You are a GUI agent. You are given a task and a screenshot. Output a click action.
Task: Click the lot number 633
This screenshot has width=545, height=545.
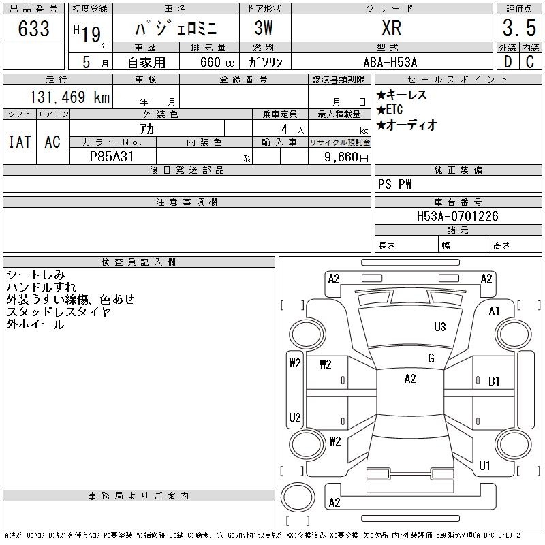[x=33, y=28]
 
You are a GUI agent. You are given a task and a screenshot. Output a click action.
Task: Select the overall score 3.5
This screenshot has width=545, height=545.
[x=519, y=28]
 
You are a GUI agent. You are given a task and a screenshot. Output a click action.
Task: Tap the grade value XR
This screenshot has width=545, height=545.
[x=391, y=28]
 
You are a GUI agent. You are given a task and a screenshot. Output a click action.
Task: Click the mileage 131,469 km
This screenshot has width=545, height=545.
[x=69, y=97]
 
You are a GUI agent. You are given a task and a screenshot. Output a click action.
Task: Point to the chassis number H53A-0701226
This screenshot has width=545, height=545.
[x=457, y=216]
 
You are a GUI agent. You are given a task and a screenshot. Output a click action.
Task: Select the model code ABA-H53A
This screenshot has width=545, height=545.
[x=390, y=62]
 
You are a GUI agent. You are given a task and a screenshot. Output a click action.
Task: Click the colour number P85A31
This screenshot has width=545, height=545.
[x=112, y=157]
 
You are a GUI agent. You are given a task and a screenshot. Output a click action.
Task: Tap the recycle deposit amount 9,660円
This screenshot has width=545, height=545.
[x=346, y=157]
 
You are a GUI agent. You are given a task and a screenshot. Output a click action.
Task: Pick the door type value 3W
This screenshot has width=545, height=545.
[x=264, y=28]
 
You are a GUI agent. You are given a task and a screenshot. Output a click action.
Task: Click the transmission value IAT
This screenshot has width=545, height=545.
[x=20, y=142]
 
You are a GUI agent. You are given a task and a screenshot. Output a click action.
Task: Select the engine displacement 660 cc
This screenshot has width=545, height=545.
[x=217, y=62]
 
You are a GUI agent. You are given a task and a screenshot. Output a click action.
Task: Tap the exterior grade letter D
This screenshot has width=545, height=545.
[x=508, y=62]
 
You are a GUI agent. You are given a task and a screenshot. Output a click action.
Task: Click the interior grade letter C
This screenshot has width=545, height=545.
[x=530, y=62]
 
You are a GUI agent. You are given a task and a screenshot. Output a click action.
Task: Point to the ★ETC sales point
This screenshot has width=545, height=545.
[x=390, y=110]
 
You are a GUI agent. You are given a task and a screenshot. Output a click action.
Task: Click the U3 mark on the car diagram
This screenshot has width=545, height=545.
[x=439, y=327]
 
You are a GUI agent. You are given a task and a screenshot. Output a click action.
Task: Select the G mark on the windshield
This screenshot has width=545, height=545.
[x=431, y=358]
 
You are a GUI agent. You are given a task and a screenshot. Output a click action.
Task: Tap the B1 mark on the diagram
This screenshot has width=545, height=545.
[x=494, y=381]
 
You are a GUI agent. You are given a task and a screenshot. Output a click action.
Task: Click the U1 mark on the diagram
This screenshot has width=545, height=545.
[x=484, y=465]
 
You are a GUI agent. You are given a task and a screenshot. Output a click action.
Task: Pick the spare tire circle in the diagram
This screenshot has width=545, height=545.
[x=298, y=498]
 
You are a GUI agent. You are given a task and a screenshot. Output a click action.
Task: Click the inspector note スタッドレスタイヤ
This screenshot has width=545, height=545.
[x=59, y=312]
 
